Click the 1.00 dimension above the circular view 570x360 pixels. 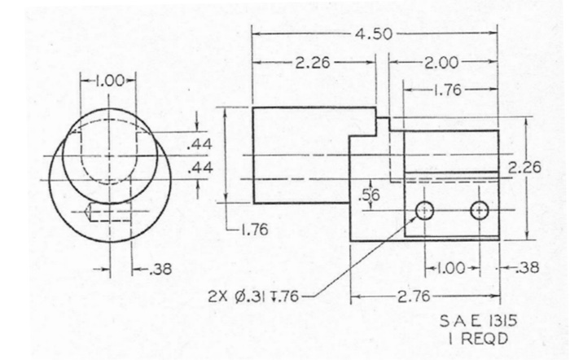point(109,81)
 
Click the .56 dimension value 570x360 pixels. point(370,195)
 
